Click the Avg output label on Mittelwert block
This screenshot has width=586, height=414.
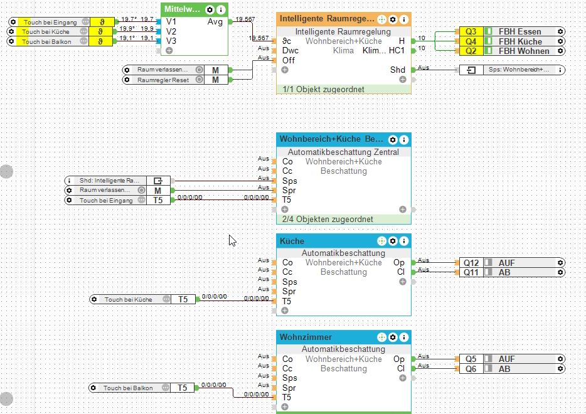214,22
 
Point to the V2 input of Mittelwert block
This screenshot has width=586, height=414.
171,31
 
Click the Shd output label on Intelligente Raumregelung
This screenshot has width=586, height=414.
397,70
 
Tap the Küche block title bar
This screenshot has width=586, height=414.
326,241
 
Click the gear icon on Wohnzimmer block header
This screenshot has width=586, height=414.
393,337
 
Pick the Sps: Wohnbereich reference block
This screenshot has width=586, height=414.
511,70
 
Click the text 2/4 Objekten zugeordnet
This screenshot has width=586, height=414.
327,219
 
